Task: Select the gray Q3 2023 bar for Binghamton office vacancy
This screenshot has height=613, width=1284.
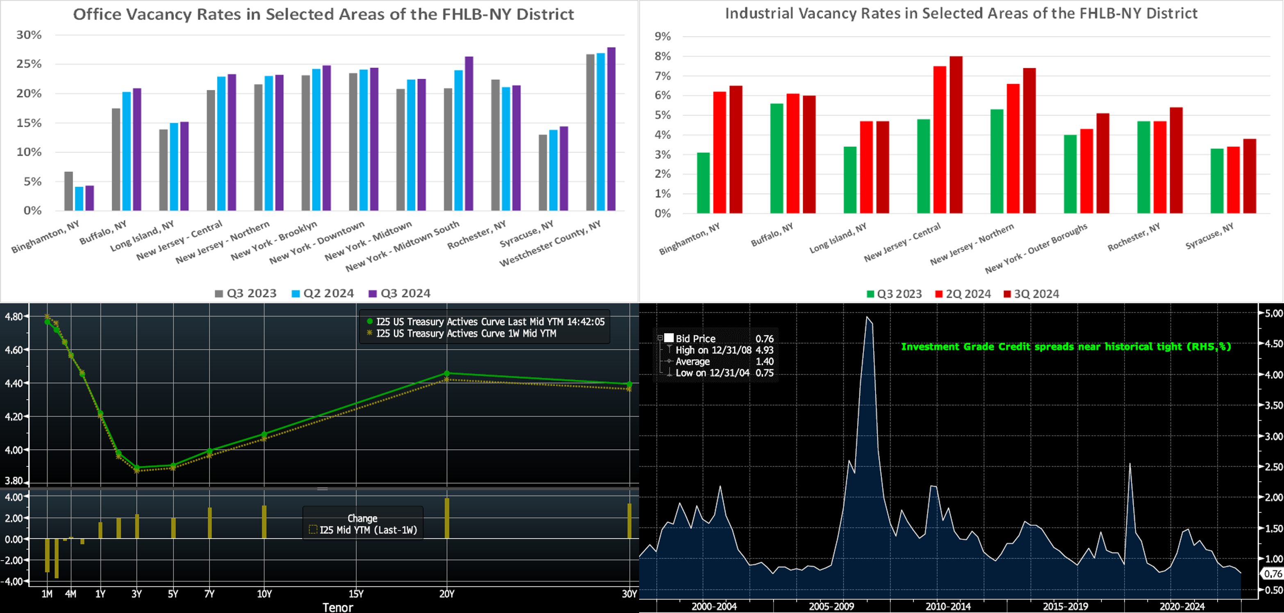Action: pyautogui.click(x=69, y=191)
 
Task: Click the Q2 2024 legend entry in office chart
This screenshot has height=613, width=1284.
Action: pyautogui.click(x=323, y=293)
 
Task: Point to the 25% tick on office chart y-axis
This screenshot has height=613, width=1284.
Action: pyautogui.click(x=29, y=64)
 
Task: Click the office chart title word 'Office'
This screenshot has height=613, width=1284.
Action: pyautogui.click(x=97, y=14)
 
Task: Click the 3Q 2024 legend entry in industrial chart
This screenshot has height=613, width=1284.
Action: pyautogui.click(x=1031, y=294)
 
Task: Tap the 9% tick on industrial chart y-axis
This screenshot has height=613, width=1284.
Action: pyautogui.click(x=662, y=37)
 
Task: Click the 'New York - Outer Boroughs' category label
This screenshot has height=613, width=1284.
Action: pyautogui.click(x=1036, y=248)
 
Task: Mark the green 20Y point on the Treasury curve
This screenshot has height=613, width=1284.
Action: pyautogui.click(x=446, y=373)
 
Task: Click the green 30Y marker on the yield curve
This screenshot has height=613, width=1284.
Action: pyautogui.click(x=630, y=384)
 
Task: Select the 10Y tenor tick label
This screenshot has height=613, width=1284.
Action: pyautogui.click(x=264, y=594)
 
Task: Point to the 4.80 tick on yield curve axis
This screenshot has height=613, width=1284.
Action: pyautogui.click(x=14, y=316)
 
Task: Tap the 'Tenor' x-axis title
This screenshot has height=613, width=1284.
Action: pyautogui.click(x=337, y=607)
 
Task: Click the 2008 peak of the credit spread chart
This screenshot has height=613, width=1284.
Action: pyautogui.click(x=867, y=317)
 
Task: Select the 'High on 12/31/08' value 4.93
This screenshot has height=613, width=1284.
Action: pyautogui.click(x=764, y=350)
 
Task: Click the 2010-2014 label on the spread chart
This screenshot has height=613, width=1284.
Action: pyautogui.click(x=948, y=606)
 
